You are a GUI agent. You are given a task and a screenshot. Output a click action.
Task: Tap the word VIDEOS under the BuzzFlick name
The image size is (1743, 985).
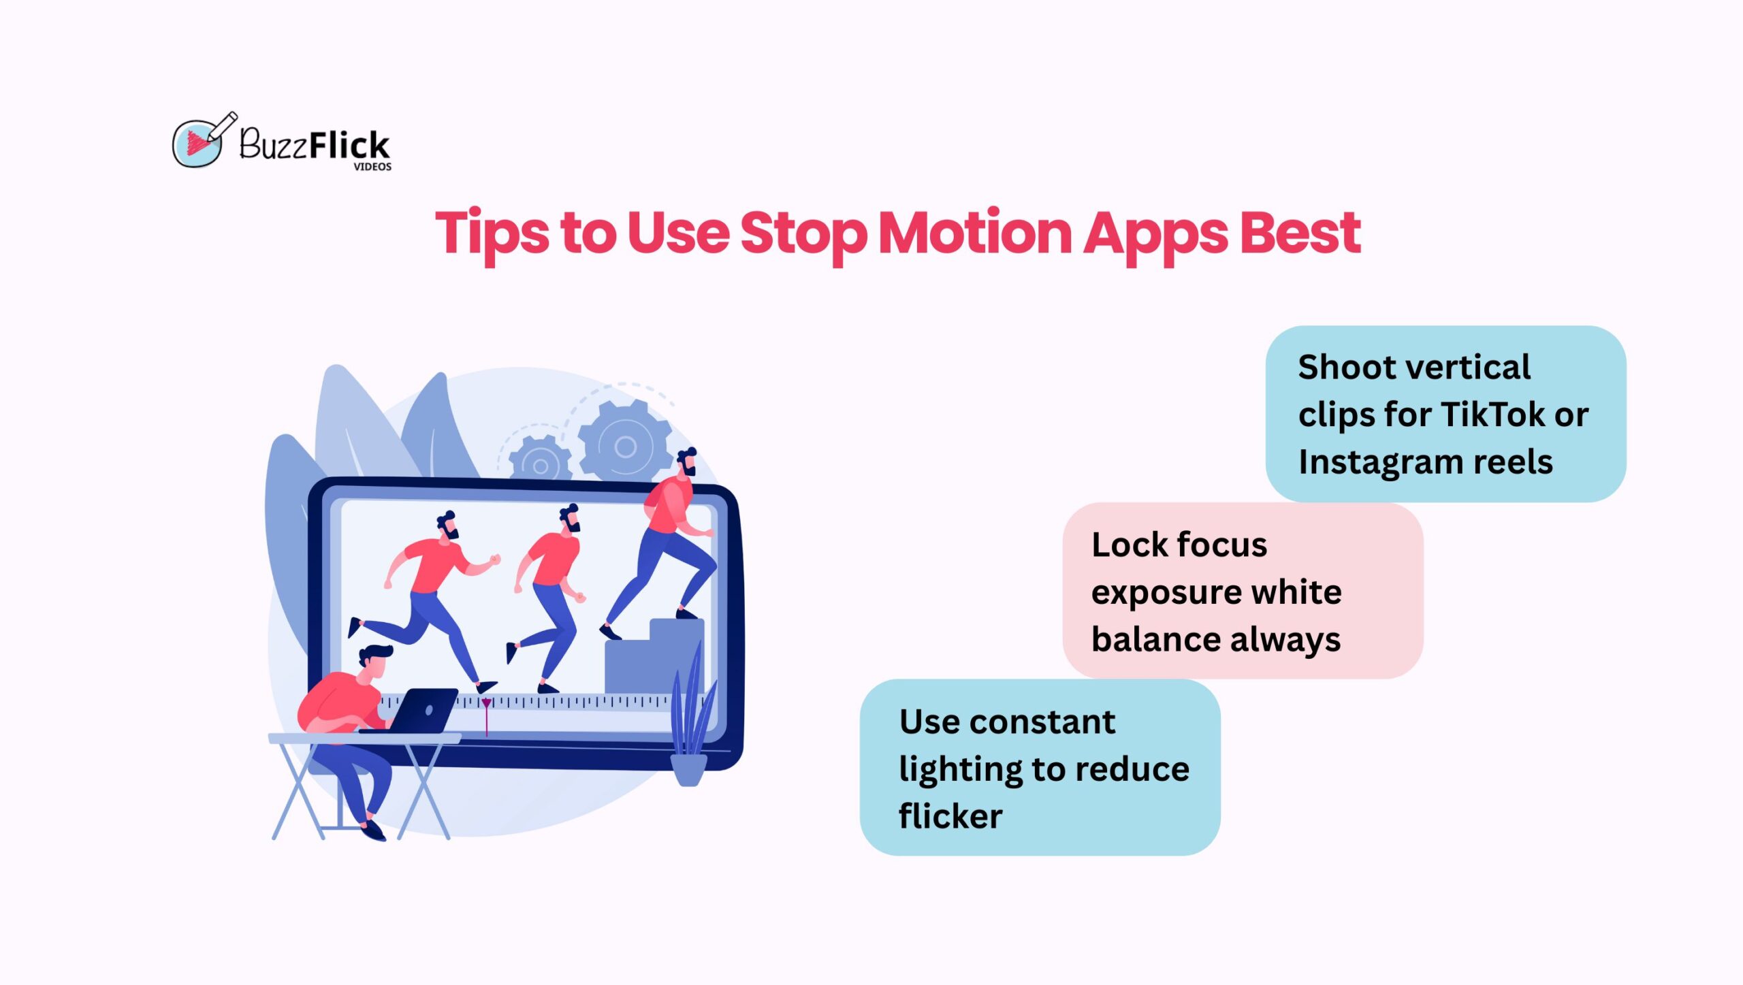click(x=372, y=167)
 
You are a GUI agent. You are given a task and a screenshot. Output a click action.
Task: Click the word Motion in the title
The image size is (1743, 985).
click(x=975, y=233)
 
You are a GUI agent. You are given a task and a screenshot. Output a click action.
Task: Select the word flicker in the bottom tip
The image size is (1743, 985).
click(x=950, y=816)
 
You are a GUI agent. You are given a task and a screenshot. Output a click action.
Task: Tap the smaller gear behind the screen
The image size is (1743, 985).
click(x=540, y=463)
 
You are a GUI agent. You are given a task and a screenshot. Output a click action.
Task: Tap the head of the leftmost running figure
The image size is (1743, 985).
click(x=447, y=524)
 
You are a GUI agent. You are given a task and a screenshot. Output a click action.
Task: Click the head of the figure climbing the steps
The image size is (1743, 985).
click(x=686, y=463)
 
